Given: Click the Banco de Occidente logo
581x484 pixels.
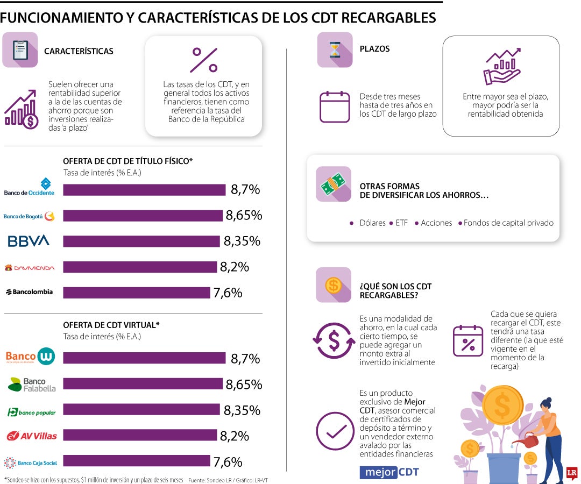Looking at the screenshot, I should (29, 187).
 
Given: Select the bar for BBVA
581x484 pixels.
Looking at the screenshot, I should (142, 241).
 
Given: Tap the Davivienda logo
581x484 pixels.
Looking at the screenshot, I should (29, 267).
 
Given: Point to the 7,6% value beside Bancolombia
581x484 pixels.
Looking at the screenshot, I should (228, 293).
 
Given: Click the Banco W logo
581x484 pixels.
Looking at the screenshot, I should (30, 357).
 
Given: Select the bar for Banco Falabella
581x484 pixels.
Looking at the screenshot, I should (143, 384).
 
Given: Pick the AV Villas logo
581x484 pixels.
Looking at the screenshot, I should (31, 436).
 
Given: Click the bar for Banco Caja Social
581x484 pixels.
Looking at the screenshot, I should (136, 461).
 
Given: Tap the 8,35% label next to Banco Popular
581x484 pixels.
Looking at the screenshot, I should (242, 410).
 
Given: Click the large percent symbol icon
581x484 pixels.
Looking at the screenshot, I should (204, 60).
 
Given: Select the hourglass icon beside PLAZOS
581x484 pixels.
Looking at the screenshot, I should (335, 50).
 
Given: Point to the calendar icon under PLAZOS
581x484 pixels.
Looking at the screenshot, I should (335, 106).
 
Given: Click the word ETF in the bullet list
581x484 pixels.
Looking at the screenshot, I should (401, 223).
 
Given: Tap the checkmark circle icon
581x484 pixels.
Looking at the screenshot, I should (335, 431).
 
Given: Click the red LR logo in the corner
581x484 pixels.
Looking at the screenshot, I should (572, 473).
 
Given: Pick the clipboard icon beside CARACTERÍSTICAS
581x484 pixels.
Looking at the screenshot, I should (20, 50).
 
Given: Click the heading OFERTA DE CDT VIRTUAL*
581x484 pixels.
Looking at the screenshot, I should (111, 325).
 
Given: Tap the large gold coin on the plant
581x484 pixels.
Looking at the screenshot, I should (503, 401).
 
